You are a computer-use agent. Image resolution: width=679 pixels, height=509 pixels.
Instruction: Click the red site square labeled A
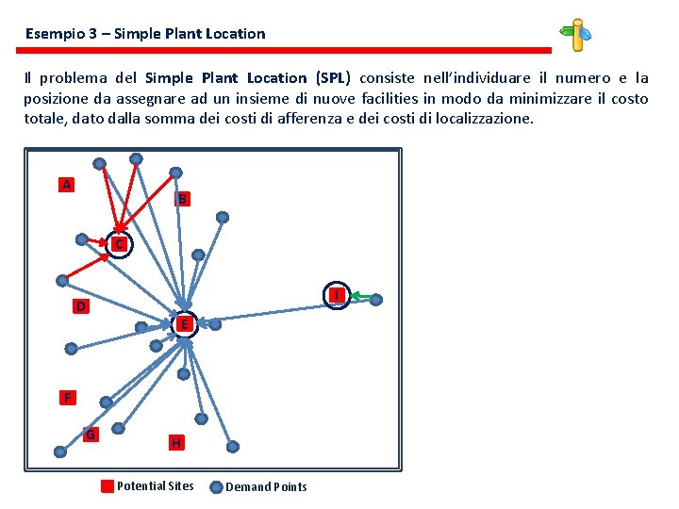[x=66, y=185]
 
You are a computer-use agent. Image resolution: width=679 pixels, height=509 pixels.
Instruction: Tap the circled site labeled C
[x=119, y=245]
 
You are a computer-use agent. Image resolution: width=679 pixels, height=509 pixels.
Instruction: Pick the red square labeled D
[x=82, y=306]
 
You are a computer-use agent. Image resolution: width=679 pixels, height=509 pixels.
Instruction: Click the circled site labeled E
[x=186, y=324]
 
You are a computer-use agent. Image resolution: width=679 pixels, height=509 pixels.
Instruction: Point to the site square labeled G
[x=91, y=435]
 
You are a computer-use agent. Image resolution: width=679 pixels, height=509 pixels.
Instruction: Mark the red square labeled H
[x=176, y=442]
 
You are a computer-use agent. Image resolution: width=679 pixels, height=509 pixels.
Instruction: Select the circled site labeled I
[x=336, y=295]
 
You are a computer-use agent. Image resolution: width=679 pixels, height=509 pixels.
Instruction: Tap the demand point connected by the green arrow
[x=375, y=300]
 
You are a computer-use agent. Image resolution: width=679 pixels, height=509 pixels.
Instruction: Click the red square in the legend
[x=108, y=486]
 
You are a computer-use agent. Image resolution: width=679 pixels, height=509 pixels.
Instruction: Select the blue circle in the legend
[x=216, y=487]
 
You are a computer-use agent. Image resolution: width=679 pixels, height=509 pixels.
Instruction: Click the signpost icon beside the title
[x=576, y=35]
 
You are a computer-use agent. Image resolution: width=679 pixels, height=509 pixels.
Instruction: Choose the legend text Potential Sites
[x=155, y=486]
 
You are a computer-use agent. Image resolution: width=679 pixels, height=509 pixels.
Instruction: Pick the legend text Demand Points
[x=266, y=487]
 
